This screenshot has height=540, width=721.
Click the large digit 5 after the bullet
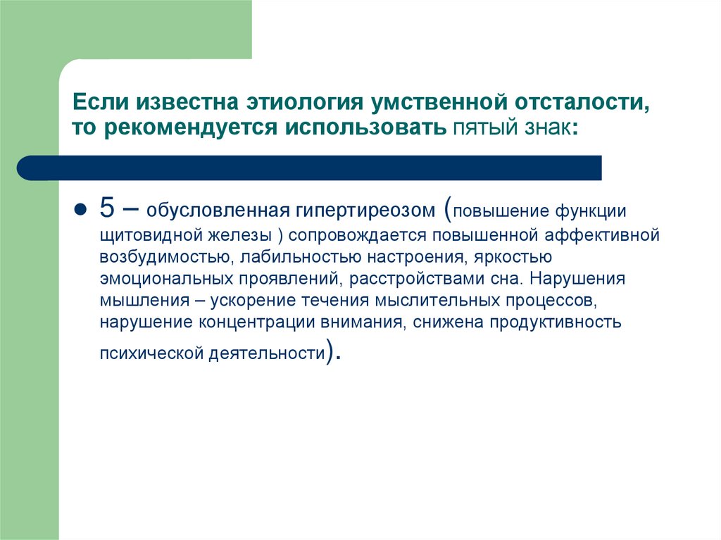tap(106, 209)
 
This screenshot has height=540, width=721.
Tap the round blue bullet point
tap(80, 211)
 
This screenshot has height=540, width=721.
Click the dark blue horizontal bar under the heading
tap(310, 168)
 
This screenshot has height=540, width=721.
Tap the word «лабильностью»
tap(298, 256)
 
